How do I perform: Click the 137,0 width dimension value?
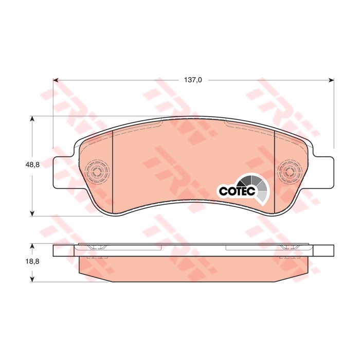[x=193, y=80]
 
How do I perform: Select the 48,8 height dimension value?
[x=32, y=165]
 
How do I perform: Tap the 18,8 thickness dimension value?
[x=32, y=261]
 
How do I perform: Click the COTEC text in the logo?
[x=237, y=191]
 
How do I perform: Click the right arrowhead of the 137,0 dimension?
[x=331, y=80]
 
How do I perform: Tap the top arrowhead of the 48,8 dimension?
[x=32, y=119]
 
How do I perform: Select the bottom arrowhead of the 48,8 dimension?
[x=32, y=213]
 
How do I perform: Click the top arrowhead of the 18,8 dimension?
[x=32, y=246]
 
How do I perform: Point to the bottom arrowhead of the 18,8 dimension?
[x=32, y=279]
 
